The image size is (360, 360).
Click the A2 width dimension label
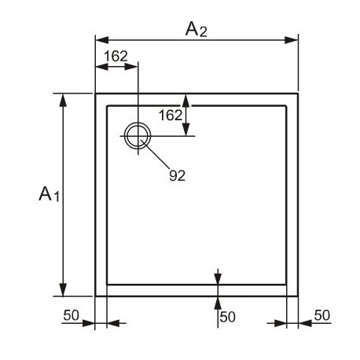(x=196, y=29)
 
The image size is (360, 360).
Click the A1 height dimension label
(x=49, y=194)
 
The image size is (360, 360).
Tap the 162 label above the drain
(x=116, y=56)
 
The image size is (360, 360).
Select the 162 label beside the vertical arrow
(x=171, y=116)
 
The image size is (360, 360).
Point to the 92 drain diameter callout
(x=177, y=175)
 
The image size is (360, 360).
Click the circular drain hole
(x=138, y=123)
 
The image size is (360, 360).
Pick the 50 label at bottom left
(x=71, y=315)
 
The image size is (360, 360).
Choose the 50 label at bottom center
(x=227, y=317)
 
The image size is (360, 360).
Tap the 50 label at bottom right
(x=322, y=315)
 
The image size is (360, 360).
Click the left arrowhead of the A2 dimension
(x=102, y=40)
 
